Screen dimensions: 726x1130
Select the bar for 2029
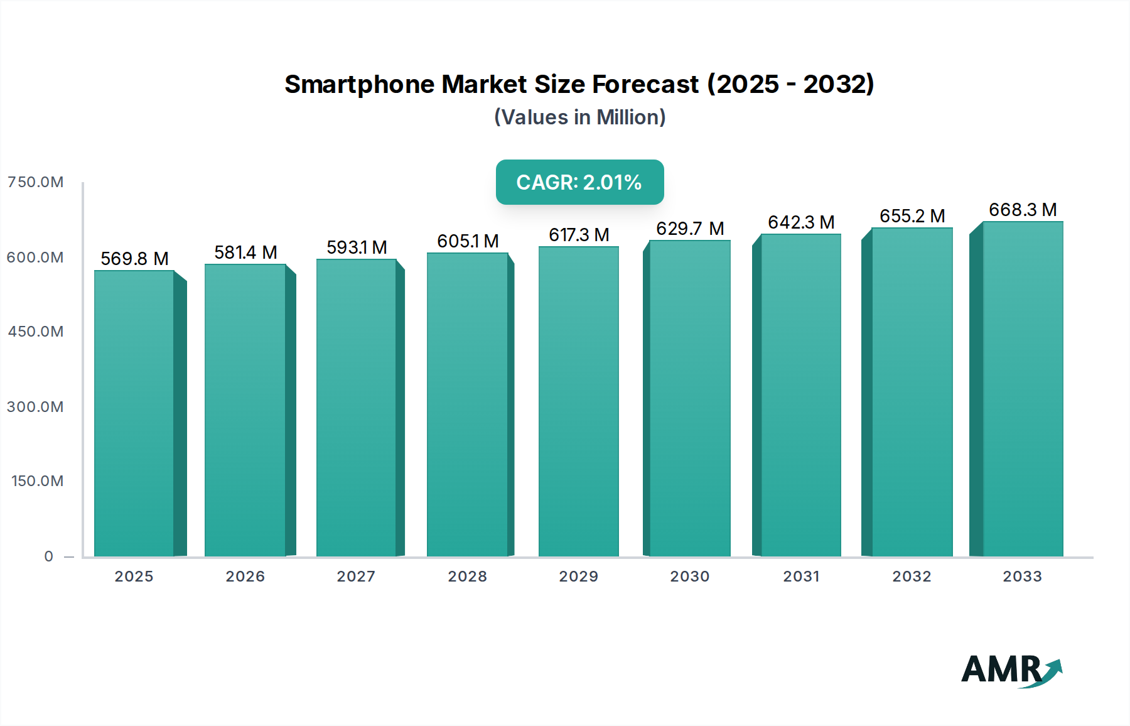click(578, 402)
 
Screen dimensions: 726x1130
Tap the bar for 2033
click(1022, 389)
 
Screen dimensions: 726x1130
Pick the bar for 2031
click(800, 396)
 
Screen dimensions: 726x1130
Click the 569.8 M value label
click(134, 259)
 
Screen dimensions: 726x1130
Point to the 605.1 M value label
click(468, 241)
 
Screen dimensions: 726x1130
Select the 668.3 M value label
click(1023, 210)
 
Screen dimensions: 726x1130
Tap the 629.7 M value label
click(690, 229)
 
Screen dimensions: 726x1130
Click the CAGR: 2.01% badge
click(579, 182)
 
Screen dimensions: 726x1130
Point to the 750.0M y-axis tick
click(35, 182)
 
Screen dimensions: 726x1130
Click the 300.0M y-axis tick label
click(35, 407)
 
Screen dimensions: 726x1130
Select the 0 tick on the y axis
click(49, 556)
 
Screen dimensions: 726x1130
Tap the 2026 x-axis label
click(245, 577)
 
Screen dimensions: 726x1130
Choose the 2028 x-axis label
click(467, 577)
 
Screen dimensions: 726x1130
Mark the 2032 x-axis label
click(912, 577)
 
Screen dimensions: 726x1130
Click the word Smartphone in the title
click(359, 84)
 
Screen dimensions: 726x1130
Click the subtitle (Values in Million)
click(579, 117)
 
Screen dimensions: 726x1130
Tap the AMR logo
click(1010, 670)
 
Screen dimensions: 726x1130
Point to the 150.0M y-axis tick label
click(37, 481)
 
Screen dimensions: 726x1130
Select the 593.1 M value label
click(357, 247)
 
